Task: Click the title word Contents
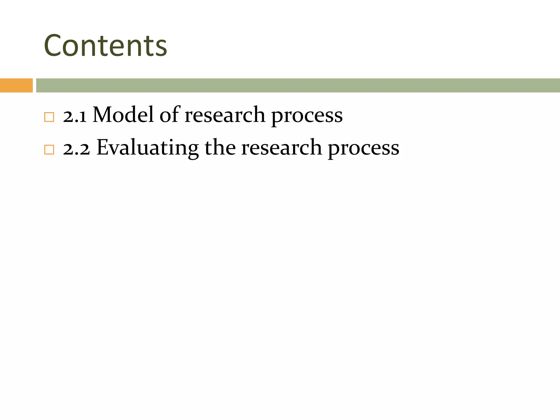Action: (106, 46)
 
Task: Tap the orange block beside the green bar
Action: (16, 85)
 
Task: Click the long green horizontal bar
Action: (298, 85)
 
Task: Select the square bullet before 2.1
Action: (49, 117)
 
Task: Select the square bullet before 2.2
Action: (49, 150)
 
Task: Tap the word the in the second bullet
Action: (220, 148)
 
